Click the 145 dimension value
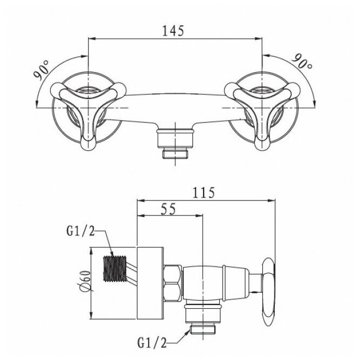click(x=176, y=31)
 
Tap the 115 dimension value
click(x=204, y=192)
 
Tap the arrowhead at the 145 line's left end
click(x=92, y=39)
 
